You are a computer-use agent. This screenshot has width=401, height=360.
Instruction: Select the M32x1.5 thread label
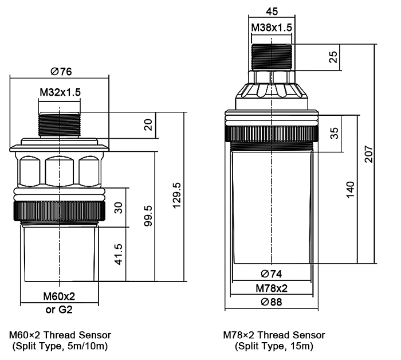point(60,92)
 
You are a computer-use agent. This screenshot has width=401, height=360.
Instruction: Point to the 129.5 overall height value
point(177,197)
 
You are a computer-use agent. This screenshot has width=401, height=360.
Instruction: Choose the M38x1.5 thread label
point(273,28)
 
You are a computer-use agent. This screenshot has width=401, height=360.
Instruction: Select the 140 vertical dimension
point(351,189)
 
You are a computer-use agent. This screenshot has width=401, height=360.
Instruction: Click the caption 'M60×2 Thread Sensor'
point(60,335)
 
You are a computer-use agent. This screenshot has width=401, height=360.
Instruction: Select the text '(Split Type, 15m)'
point(274,346)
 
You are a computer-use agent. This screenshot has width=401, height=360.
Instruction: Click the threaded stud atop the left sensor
point(60,124)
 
